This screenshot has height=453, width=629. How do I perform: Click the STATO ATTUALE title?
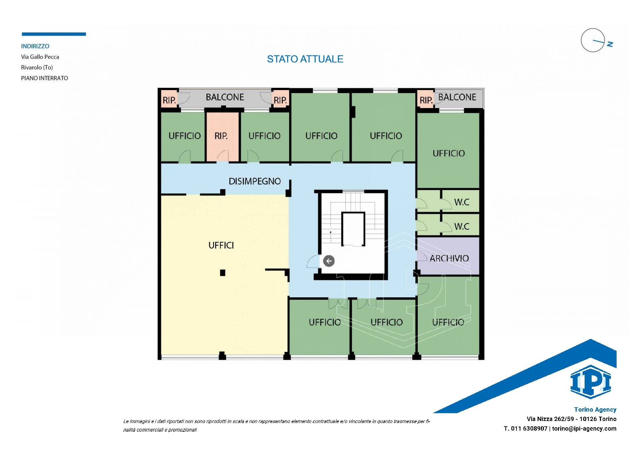point(305,59)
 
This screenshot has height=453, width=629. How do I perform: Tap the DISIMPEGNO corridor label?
point(255,181)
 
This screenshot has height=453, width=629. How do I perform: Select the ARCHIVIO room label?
point(449,258)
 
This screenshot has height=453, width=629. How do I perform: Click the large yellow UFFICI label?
point(221,245)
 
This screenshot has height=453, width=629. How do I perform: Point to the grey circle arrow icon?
point(329,261)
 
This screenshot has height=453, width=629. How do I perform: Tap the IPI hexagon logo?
point(591,382)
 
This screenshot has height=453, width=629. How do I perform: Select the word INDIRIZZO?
point(35,46)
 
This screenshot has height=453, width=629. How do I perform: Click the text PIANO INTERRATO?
point(44,78)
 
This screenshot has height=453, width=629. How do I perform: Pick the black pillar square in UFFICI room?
point(223,273)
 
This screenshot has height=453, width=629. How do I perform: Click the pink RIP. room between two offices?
point(222,137)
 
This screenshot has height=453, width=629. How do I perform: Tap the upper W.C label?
point(462,202)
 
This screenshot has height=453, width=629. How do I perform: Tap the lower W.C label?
point(462,226)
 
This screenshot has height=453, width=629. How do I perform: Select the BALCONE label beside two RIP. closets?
point(225,97)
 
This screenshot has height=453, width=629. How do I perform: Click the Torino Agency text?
point(595,410)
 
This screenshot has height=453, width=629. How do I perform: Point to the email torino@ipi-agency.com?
point(584,429)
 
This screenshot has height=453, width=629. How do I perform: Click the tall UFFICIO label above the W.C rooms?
point(449,153)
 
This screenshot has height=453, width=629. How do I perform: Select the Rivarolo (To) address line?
point(37,67)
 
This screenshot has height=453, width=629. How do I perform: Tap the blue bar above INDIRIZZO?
point(54,34)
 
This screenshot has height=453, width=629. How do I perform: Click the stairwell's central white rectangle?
point(353,229)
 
